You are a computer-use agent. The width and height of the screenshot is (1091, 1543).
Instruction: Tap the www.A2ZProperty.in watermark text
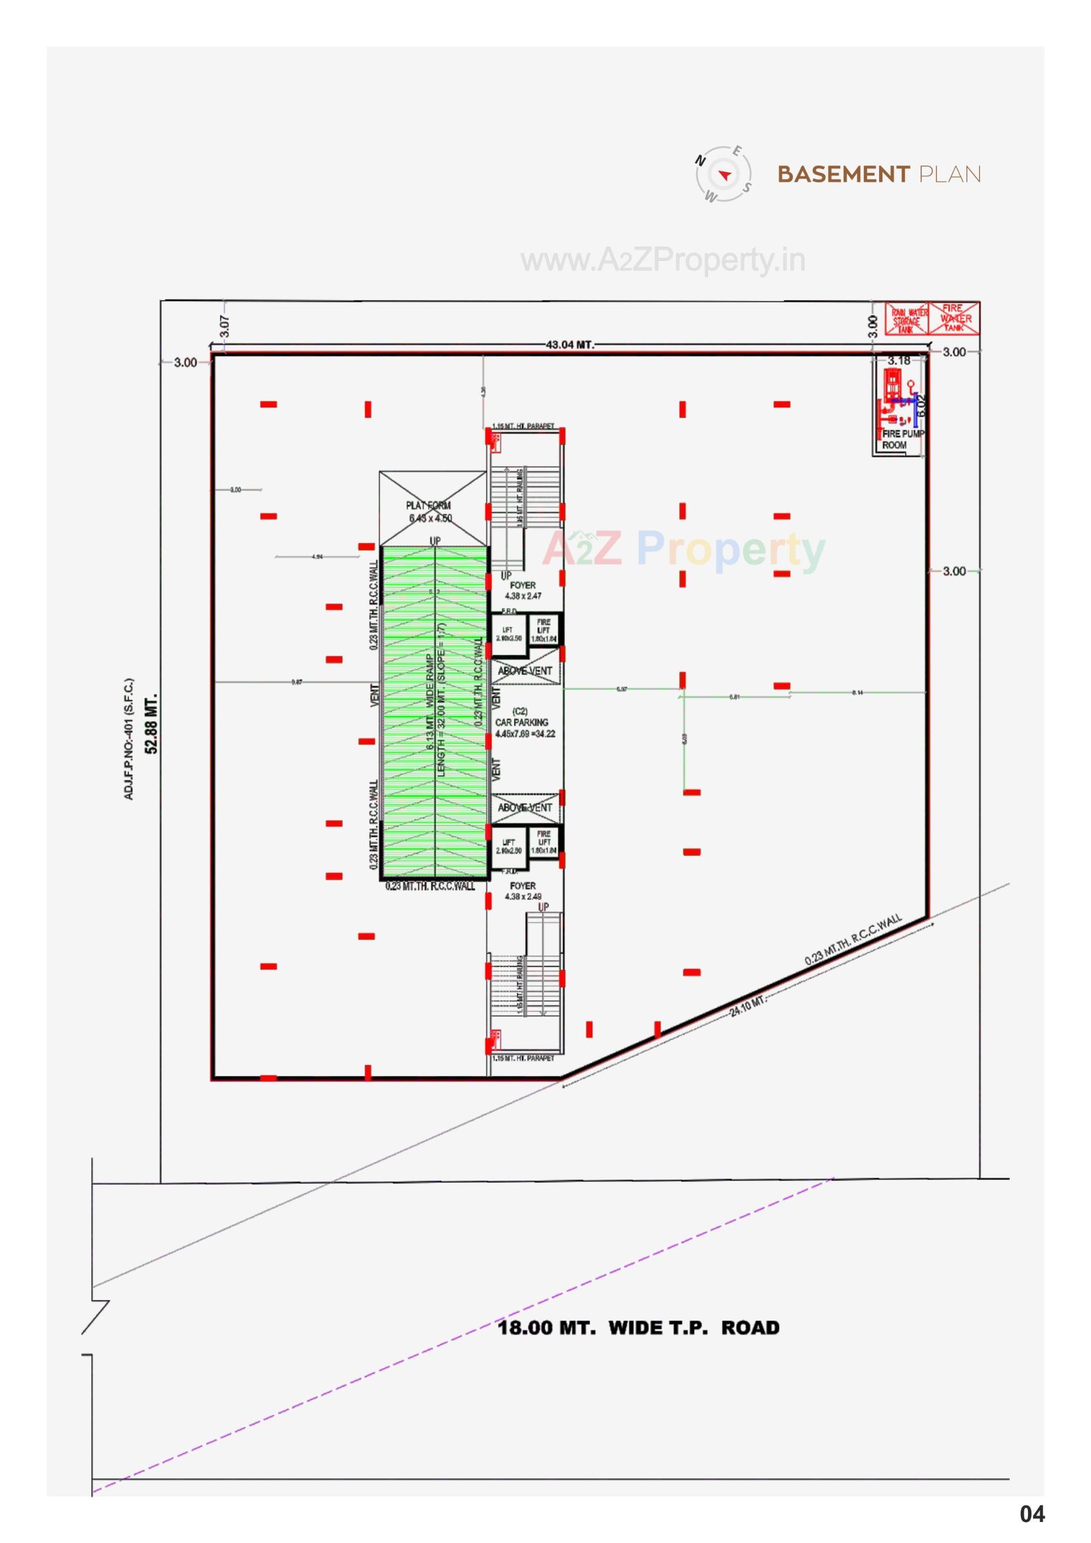coord(663,260)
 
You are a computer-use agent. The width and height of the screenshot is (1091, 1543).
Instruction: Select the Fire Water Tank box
coord(954,318)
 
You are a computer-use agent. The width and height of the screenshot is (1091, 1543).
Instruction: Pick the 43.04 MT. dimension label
coord(569,345)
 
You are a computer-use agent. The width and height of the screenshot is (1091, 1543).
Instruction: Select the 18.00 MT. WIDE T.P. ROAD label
coord(638,1328)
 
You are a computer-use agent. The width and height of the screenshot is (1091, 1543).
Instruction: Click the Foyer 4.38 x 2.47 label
coord(523,591)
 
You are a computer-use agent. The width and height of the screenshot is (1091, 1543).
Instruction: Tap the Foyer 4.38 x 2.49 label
coord(523,891)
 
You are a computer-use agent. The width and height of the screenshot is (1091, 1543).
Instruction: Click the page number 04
coord(1032,1514)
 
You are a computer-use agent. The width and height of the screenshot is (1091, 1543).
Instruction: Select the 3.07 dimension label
coord(225,327)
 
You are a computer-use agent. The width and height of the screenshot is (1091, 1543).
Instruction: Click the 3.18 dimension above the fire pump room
coord(899,361)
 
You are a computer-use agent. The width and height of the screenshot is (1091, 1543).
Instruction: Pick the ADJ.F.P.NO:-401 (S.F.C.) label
coord(128,739)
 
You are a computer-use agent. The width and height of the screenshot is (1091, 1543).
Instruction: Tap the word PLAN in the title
coord(949,175)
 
